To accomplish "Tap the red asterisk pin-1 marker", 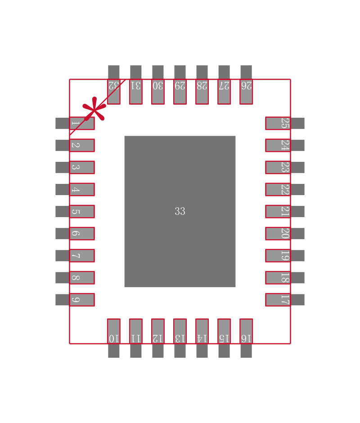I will click(x=94, y=109).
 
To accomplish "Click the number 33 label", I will click(x=180, y=211).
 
